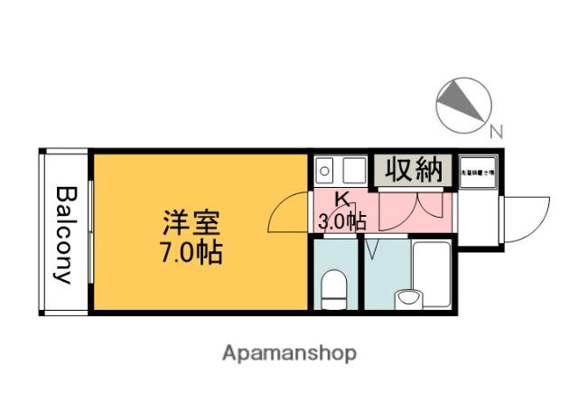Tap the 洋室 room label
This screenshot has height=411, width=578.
tap(191, 222)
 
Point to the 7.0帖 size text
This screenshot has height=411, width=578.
tap(191, 250)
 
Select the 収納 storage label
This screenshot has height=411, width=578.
tap(414, 169)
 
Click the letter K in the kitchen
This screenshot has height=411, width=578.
tap(343, 200)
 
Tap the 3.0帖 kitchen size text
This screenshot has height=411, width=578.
tap(341, 220)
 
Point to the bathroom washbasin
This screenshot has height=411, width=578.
tap(409, 297)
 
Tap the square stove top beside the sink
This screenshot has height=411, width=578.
tap(352, 169)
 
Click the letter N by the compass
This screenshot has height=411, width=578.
tap(495, 132)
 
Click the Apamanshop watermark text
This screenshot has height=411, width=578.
tap(289, 352)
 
